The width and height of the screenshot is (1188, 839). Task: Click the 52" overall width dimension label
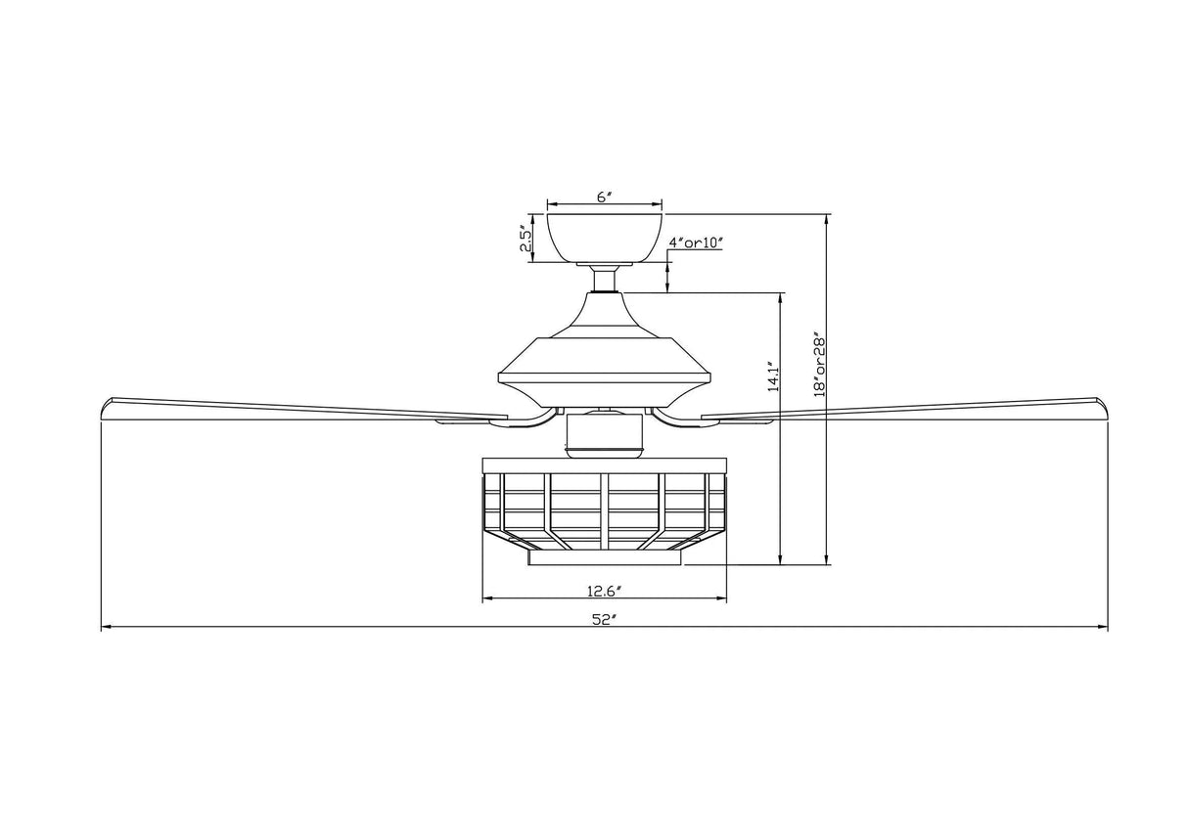pyautogui.click(x=601, y=619)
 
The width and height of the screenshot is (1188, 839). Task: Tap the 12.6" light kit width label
pyautogui.click(x=605, y=590)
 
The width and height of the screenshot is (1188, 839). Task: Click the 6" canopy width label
pyautogui.click(x=604, y=197)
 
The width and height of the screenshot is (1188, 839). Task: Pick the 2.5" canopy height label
pyautogui.click(x=525, y=239)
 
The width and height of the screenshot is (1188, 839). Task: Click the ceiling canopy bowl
pyautogui.click(x=604, y=238)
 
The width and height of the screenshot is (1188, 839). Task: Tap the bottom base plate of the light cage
pyautogui.click(x=605, y=557)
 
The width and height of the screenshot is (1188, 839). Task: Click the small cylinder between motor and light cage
pyautogui.click(x=605, y=434)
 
